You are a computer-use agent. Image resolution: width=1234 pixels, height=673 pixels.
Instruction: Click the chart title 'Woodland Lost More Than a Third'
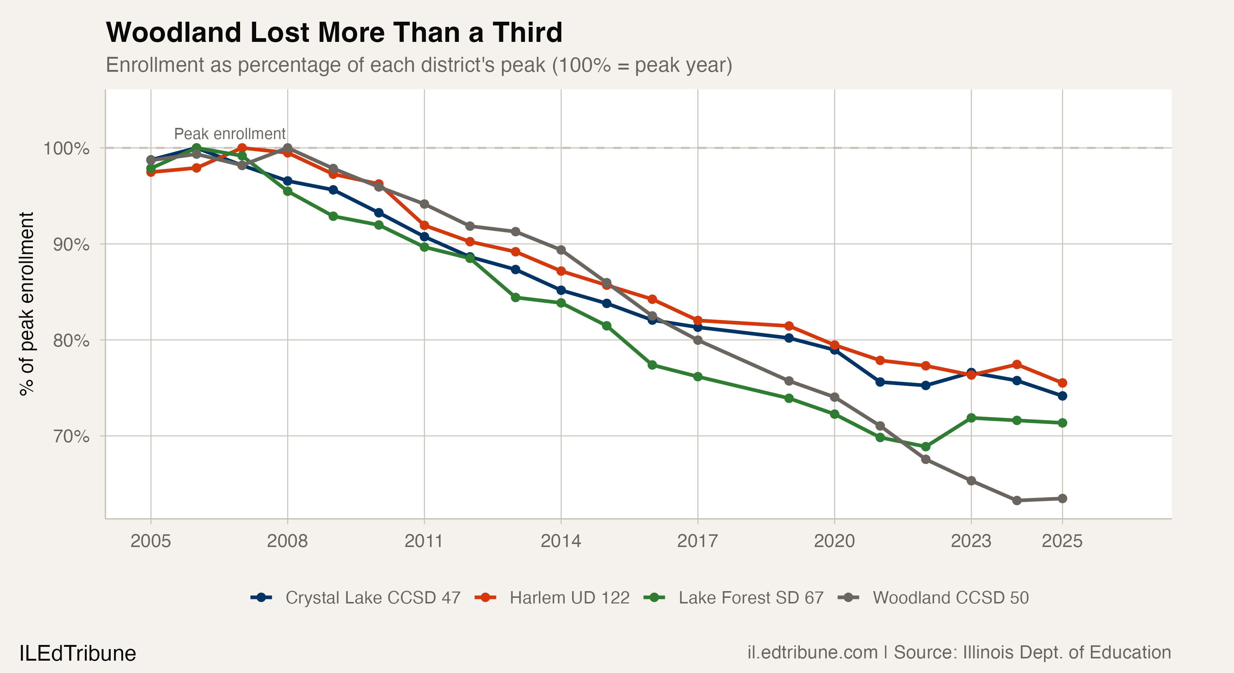[334, 33]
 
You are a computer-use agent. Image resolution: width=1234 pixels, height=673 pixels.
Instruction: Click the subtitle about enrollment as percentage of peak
[419, 65]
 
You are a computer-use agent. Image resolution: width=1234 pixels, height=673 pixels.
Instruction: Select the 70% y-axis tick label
[71, 436]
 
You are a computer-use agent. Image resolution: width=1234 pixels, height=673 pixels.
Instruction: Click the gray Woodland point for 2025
[1062, 499]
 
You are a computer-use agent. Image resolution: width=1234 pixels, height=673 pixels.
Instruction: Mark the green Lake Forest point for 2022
[925, 446]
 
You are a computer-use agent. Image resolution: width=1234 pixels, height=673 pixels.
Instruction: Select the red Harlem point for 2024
[1016, 365]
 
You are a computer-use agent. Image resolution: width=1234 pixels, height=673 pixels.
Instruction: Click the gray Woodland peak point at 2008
[288, 148]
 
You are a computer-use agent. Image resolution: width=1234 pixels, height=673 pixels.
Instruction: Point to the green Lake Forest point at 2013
[515, 298]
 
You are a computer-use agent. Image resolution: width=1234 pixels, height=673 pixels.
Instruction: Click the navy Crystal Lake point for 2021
[880, 382]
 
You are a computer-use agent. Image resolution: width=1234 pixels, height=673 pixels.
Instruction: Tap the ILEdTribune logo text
[78, 653]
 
